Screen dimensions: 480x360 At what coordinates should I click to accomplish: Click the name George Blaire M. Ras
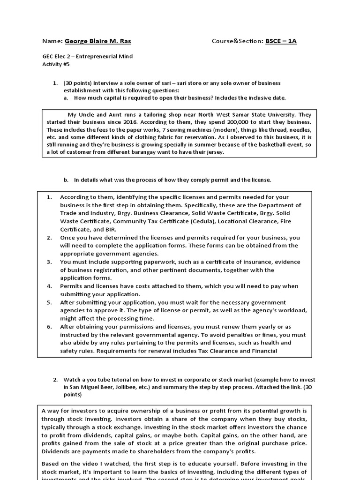97,41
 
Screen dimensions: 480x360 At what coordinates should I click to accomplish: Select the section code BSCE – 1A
281,41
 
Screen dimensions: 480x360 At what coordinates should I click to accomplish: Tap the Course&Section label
237,41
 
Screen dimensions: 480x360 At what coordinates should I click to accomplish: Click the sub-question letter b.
66,180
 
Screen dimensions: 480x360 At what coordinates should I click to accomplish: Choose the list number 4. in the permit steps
49,286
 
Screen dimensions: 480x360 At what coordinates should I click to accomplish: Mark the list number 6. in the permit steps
49,327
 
